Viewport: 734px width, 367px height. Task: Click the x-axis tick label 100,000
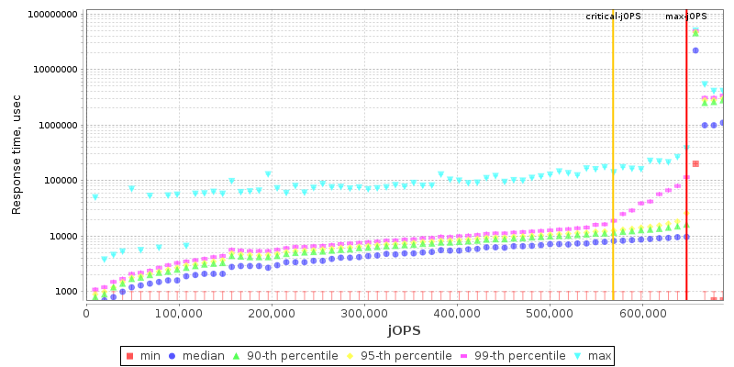[x=179, y=314]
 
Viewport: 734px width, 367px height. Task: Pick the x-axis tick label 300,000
[x=364, y=314]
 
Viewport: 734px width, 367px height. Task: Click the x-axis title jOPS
[x=403, y=329]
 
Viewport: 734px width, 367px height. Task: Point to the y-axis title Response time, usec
[x=17, y=154]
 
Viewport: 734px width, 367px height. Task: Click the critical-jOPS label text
[x=613, y=17]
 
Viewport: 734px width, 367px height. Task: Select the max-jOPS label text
[x=686, y=17]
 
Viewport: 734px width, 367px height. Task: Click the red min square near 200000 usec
[x=695, y=163]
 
